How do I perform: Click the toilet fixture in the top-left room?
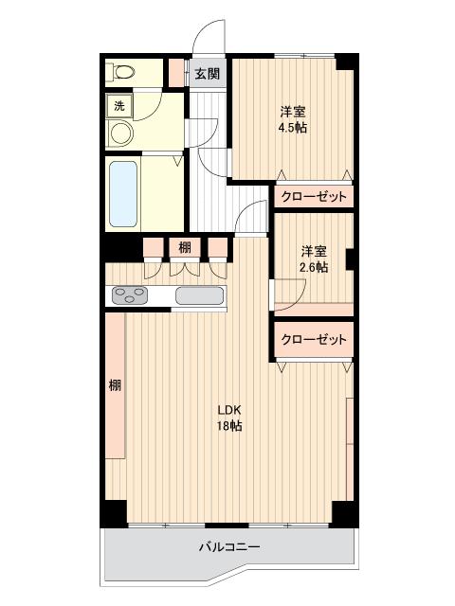click(x=120, y=73)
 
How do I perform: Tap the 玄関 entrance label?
click(x=208, y=74)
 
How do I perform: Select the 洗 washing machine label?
click(x=118, y=106)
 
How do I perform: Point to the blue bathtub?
click(x=124, y=194)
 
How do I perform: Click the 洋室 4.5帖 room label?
click(x=292, y=117)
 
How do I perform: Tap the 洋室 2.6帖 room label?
click(x=315, y=259)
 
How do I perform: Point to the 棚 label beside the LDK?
click(x=114, y=385)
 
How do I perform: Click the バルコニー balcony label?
click(x=229, y=546)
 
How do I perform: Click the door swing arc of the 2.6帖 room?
click(x=287, y=295)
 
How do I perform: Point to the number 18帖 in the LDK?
click(x=230, y=427)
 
